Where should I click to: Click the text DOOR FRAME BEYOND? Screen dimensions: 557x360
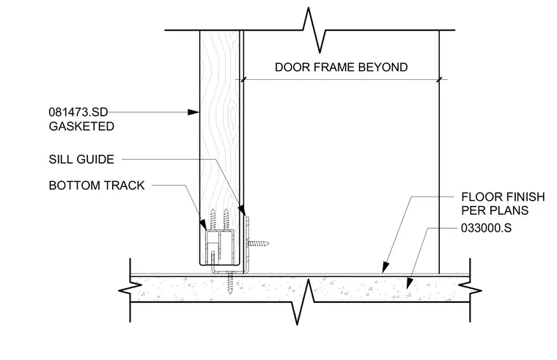coord(341,67)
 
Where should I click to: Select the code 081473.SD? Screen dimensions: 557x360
coord(78,112)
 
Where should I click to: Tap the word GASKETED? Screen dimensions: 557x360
coord(81,126)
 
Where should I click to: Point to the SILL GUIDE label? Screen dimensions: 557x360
coord(81,159)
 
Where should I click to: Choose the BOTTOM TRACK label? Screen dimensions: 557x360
coord(97,185)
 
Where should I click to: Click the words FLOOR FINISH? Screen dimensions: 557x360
coord(503,196)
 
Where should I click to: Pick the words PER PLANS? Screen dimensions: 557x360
coord(495,210)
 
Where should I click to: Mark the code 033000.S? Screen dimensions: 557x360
coord(487,228)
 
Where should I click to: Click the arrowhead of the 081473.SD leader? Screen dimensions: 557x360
coord(193,112)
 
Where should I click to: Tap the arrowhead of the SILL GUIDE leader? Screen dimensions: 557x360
coord(242,210)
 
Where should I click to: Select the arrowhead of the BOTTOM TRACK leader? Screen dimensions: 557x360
coord(203,224)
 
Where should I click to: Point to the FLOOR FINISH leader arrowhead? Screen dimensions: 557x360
coord(386,268)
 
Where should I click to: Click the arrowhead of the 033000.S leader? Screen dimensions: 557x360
coord(410,283)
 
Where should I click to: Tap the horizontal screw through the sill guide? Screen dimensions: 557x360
coord(258,244)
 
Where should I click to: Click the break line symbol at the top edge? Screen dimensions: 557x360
coord(314,30)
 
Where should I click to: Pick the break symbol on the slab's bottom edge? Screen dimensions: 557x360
coord(303,302)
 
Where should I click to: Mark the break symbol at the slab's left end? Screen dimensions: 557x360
coord(130,290)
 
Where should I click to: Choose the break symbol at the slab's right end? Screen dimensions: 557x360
coord(470,290)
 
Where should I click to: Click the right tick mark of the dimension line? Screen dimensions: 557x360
coord(440,80)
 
